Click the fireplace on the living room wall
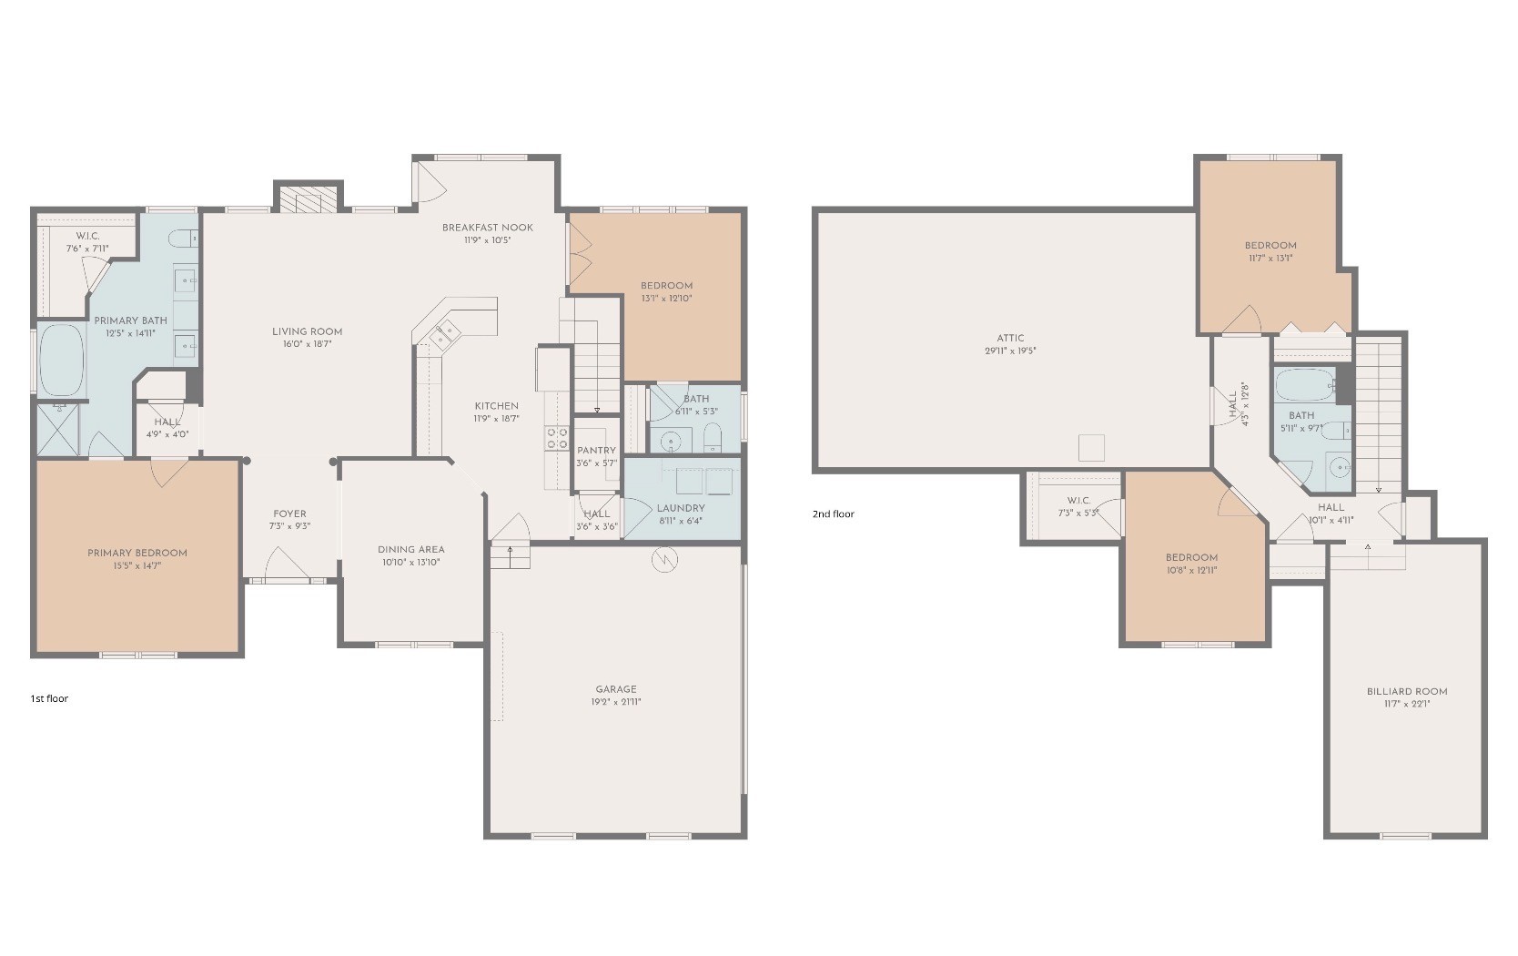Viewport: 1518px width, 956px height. (x=309, y=198)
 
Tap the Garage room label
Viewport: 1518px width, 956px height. (x=616, y=689)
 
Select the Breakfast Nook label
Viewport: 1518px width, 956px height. (x=487, y=228)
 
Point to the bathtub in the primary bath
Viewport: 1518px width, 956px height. (x=62, y=360)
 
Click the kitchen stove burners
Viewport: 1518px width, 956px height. (x=558, y=438)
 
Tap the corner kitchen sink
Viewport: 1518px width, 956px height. (x=445, y=333)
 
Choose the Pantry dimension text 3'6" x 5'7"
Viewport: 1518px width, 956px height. (x=596, y=463)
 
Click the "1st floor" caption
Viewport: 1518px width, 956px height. (x=49, y=698)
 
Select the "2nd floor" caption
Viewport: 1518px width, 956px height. (x=833, y=514)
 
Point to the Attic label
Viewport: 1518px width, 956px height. (x=1010, y=339)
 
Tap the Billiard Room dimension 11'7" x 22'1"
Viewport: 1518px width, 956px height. (x=1407, y=704)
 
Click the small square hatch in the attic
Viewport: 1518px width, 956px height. (x=1091, y=448)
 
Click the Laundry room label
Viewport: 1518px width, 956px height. (x=681, y=509)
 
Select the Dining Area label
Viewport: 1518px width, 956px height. (x=411, y=550)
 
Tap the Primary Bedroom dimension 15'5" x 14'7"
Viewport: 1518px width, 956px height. (x=137, y=565)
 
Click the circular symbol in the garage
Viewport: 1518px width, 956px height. (x=664, y=559)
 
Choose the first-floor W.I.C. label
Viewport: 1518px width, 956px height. (x=87, y=236)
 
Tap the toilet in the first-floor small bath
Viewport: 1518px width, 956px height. (x=713, y=439)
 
